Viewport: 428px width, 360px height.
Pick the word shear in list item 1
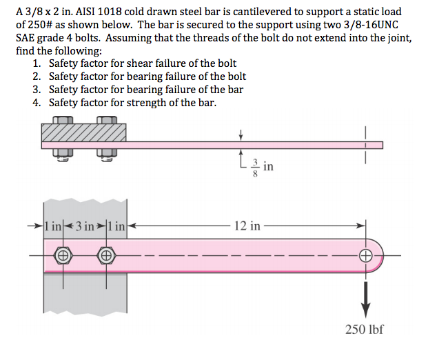click(128, 63)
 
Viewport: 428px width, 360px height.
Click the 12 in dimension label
click(247, 226)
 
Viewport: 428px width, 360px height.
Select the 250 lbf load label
click(365, 329)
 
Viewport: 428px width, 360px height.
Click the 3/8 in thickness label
click(263, 166)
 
